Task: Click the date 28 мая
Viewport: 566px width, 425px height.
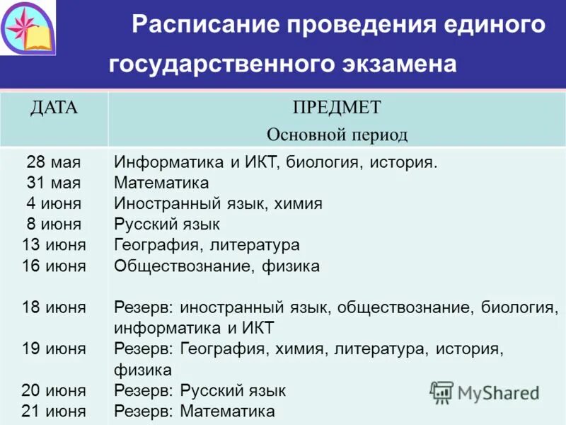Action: (54, 162)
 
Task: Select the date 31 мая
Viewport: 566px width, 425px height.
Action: (54, 183)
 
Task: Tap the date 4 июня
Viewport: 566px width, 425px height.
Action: (54, 203)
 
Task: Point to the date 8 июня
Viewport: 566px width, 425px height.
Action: (54, 225)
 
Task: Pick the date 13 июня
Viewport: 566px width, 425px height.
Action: (54, 245)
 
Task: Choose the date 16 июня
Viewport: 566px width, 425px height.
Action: (54, 266)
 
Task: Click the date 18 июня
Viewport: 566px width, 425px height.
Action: (54, 307)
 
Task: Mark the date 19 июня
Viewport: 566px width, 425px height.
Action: (54, 348)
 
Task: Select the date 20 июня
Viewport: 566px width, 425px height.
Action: (54, 390)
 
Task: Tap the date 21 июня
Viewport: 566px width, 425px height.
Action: (54, 411)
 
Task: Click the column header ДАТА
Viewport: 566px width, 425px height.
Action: (54, 108)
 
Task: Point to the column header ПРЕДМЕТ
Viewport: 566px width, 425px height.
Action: (337, 108)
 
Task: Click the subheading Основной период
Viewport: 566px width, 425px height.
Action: (337, 135)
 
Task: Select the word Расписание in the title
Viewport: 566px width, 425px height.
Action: (206, 26)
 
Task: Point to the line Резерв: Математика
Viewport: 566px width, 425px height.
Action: (195, 411)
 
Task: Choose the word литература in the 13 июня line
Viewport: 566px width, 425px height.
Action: (256, 245)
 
